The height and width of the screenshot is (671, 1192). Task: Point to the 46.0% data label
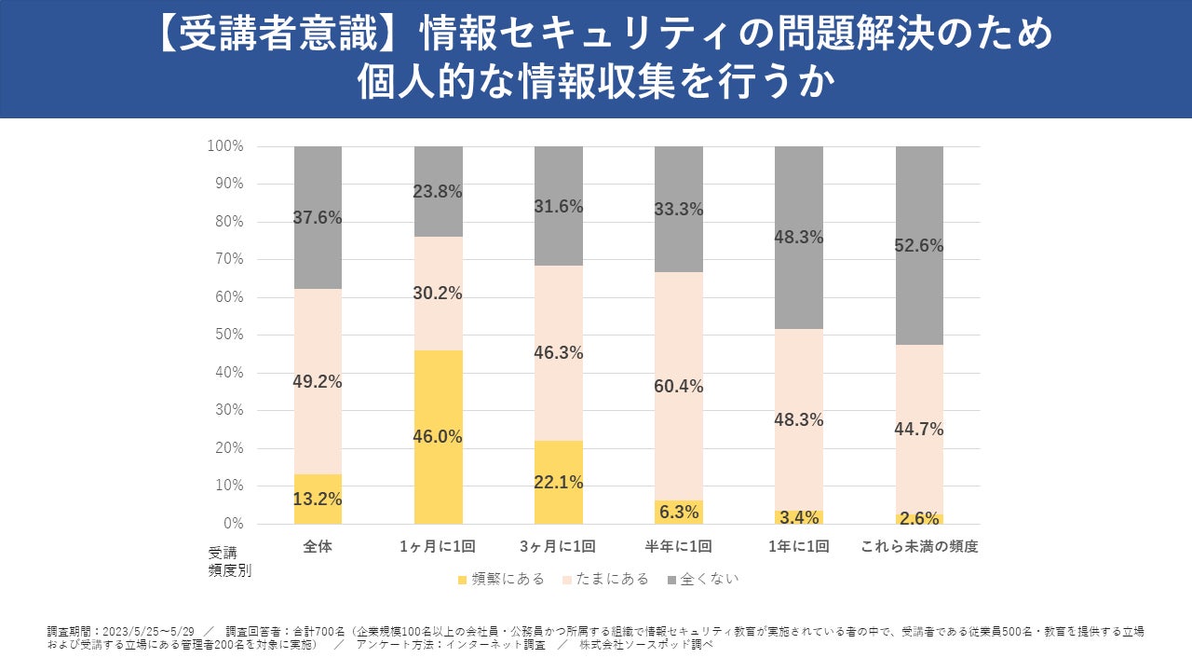coord(439,437)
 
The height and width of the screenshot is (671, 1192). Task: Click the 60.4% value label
coord(679,387)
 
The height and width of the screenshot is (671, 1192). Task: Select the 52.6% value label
coord(919,246)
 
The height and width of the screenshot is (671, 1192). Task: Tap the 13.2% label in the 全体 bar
coord(318,500)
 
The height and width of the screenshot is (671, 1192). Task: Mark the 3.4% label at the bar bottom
coord(799,516)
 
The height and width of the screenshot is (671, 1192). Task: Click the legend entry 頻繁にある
coord(500,579)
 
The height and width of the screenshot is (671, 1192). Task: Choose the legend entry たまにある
coord(606,579)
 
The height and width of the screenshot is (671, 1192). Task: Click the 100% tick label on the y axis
coord(225,146)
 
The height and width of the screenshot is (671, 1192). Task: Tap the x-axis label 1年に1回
coord(799,547)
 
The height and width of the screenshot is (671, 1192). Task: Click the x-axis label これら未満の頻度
coord(919,547)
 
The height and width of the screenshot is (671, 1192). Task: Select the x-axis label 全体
coord(318,547)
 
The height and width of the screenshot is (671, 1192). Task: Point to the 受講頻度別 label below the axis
coord(229,562)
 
